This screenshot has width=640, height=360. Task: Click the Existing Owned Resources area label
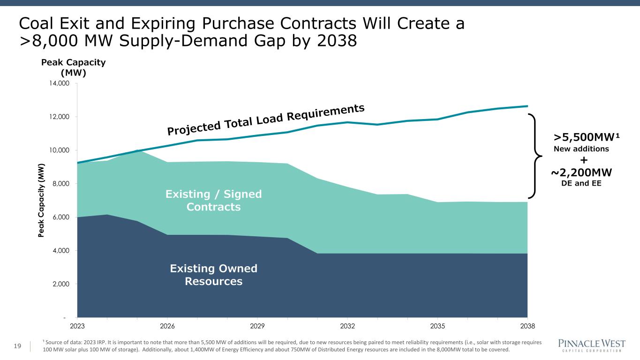click(213, 275)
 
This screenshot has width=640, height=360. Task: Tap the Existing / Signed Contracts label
click(213, 200)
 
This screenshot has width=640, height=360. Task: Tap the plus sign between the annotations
click(584, 160)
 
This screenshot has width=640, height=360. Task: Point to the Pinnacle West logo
click(590, 345)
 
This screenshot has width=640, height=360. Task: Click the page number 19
click(18, 346)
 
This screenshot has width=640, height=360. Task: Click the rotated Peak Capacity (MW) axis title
click(42, 201)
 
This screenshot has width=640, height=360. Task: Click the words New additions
click(581, 149)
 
